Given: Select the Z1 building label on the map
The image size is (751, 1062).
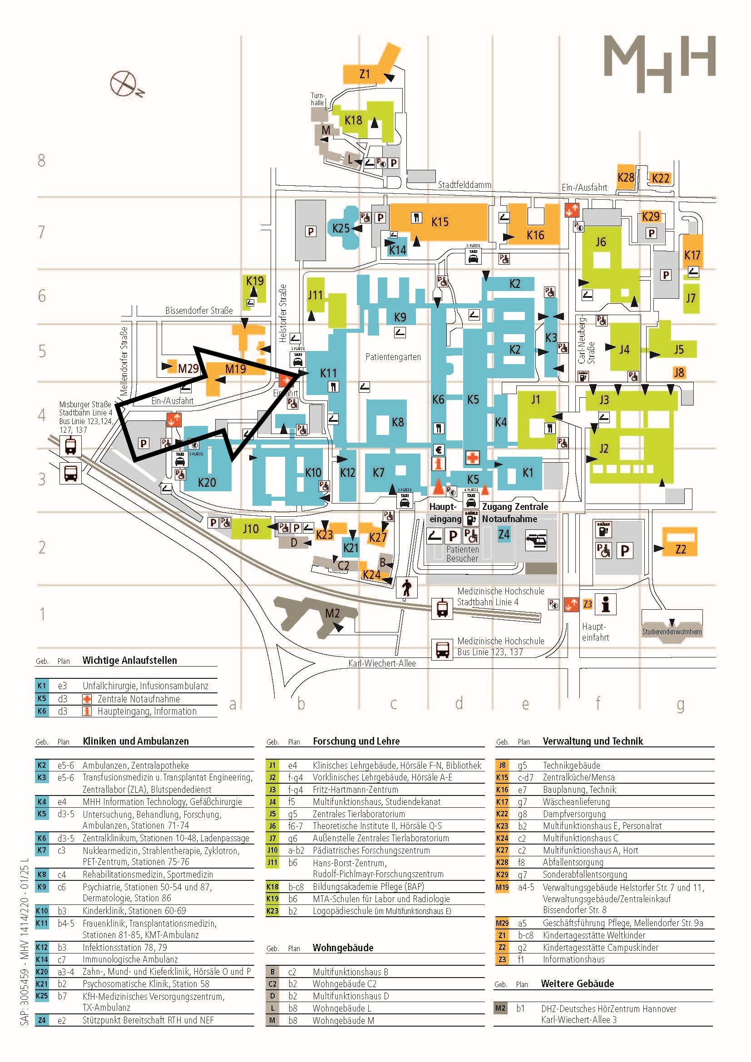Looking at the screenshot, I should [x=365, y=74].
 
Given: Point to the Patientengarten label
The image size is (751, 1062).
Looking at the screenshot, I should [x=393, y=357].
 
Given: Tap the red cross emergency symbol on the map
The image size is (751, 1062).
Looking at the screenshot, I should [x=472, y=458].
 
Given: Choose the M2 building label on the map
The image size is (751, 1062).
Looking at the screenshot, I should [x=332, y=613].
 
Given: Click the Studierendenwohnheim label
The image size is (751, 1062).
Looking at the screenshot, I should [x=672, y=632].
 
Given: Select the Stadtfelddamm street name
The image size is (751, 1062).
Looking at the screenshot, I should [x=464, y=185].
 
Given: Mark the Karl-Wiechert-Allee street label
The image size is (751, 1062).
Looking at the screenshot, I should [x=382, y=663].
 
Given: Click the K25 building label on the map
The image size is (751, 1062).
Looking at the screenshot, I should [x=341, y=228].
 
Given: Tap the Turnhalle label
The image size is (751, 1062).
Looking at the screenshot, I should [x=317, y=99].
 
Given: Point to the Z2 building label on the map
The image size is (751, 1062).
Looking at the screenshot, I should [x=680, y=549].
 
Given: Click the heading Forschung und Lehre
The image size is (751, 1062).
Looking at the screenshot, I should [x=356, y=741].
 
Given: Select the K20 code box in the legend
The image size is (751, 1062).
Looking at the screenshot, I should [x=42, y=972].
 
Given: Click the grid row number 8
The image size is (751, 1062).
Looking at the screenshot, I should [x=42, y=160].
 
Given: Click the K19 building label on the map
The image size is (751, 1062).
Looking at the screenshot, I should [x=255, y=281].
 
